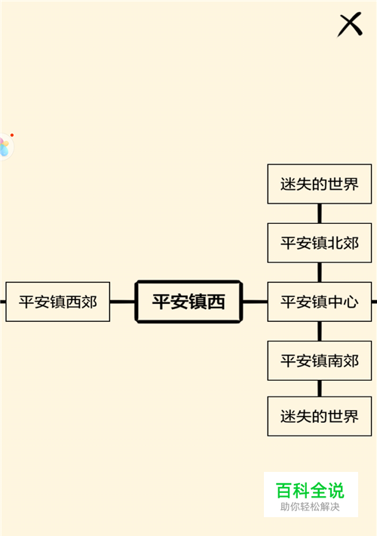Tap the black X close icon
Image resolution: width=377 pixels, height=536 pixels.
(350, 24)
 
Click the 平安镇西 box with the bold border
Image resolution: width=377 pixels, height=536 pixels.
(188, 302)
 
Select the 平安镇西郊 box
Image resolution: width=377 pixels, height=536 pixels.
(58, 302)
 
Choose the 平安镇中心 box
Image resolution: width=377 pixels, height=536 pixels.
(320, 302)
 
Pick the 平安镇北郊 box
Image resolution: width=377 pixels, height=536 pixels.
(320, 243)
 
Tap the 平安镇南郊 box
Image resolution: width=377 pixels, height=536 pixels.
(320, 360)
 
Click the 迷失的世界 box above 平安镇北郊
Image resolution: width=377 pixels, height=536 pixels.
(320, 184)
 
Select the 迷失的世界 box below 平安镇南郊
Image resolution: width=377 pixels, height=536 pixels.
(320, 416)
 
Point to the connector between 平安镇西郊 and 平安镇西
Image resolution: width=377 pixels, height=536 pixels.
(122, 302)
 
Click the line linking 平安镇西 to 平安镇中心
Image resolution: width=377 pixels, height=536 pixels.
(255, 302)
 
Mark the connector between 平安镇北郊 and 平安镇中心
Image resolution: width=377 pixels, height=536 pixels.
(320, 272)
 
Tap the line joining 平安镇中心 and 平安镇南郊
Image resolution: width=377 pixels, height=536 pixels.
(320, 331)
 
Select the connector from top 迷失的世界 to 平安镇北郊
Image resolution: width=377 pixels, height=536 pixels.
(320, 213)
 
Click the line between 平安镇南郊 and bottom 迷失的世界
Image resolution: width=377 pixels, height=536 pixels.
(320, 388)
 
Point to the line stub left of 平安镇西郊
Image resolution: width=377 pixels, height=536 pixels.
(3, 302)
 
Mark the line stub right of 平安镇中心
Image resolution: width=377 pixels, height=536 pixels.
(374, 302)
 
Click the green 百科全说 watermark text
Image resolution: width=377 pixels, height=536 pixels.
(310, 491)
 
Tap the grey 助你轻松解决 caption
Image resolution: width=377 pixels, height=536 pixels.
(310, 507)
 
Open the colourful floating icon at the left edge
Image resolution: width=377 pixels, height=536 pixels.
(6, 147)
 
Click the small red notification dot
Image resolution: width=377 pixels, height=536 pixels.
(12, 136)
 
